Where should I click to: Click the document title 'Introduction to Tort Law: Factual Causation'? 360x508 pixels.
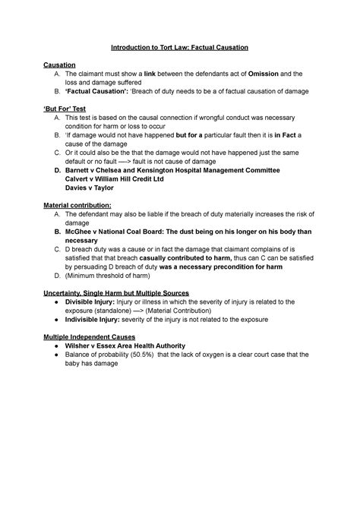(x=179, y=48)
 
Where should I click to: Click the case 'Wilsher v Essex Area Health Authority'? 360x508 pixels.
(x=130, y=345)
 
